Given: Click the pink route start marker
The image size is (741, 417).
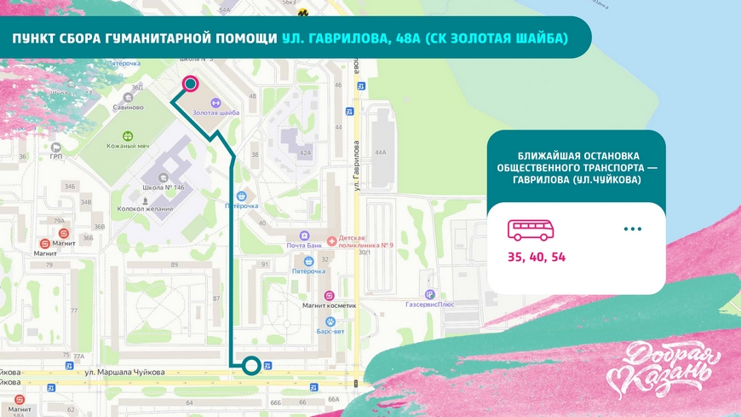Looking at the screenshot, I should (x=191, y=84).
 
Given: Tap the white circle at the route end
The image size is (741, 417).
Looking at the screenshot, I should (x=251, y=366).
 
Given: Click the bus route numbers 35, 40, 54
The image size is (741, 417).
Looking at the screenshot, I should (x=537, y=256).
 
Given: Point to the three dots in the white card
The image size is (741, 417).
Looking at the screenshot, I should (x=632, y=229).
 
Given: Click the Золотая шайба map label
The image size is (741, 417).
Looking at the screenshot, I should (x=215, y=113).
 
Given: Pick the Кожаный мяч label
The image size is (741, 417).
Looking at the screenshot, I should (x=129, y=146).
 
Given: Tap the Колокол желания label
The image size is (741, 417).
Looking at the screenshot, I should (x=146, y=209).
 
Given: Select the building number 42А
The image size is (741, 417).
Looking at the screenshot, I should (x=304, y=153).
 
